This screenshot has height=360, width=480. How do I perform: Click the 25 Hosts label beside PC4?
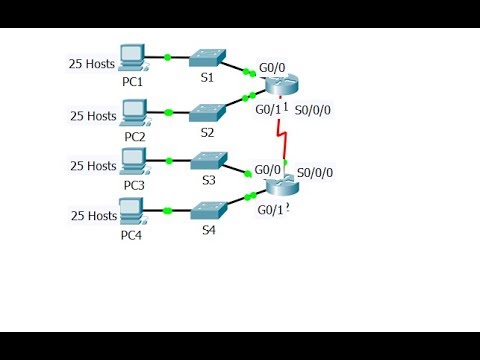tap(93, 215)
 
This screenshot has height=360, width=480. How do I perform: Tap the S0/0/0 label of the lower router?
tap(315, 172)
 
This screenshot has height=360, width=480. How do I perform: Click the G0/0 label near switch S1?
tap(272, 68)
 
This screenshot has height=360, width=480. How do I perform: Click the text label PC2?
tap(134, 134)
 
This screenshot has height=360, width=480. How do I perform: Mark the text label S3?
tap(208, 180)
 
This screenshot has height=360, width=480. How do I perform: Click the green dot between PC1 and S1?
tap(167, 58)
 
